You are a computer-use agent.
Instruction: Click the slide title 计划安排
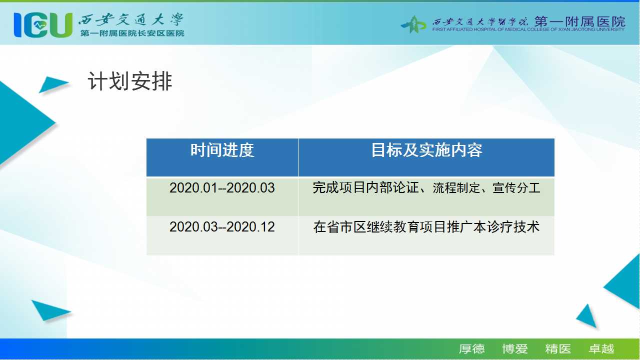click(x=129, y=81)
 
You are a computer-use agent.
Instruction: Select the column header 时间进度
click(x=222, y=150)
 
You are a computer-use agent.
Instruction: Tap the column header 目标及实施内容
click(x=426, y=150)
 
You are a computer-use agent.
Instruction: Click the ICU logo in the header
click(x=43, y=25)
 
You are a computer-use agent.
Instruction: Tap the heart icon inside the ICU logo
click(x=39, y=25)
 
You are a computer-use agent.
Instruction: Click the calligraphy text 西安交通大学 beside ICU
click(x=131, y=20)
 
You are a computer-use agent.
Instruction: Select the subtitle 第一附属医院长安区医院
click(x=132, y=33)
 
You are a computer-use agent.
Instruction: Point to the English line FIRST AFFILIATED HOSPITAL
click(x=528, y=29)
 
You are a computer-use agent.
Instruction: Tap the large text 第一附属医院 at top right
click(x=579, y=21)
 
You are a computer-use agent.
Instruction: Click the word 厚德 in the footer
click(x=471, y=349)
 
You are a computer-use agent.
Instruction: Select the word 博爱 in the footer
click(x=515, y=349)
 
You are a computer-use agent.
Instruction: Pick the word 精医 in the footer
click(x=558, y=349)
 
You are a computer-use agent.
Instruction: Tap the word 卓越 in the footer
click(x=601, y=349)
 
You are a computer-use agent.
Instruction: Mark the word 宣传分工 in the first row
click(x=516, y=187)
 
